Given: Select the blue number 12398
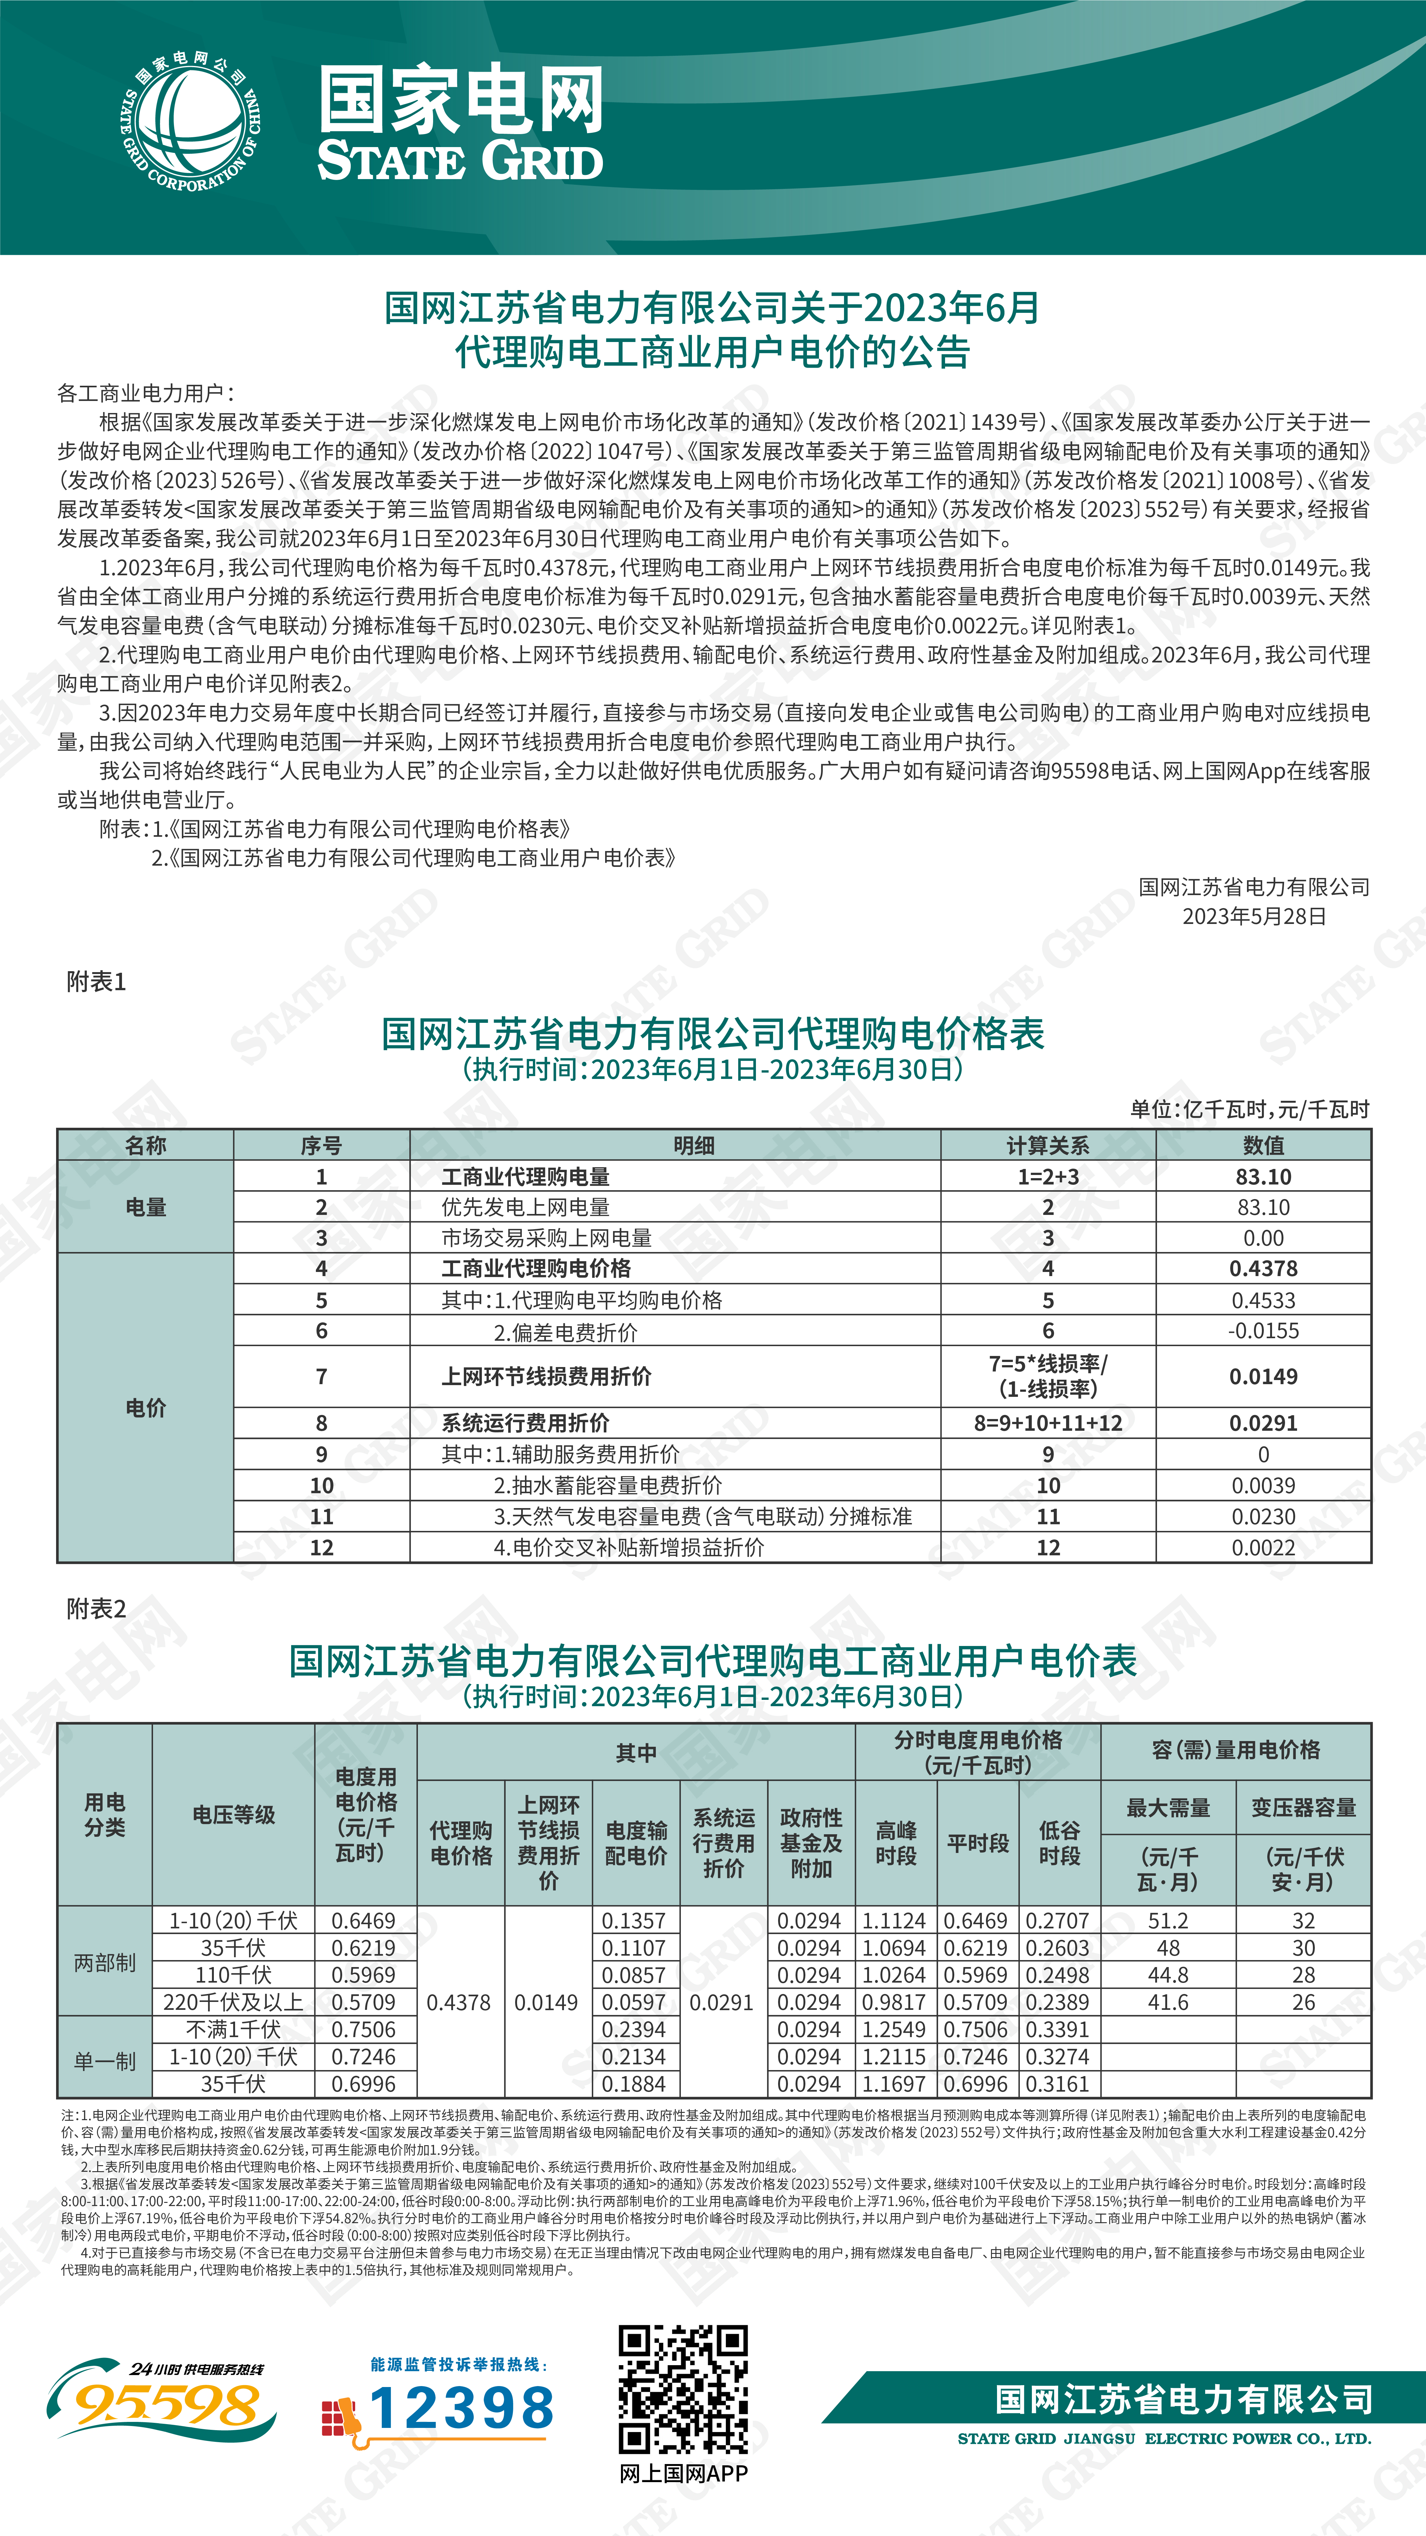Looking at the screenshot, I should coord(462,2409).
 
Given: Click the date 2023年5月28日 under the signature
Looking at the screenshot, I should coord(1254,917).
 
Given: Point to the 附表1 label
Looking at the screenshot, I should coord(96,982).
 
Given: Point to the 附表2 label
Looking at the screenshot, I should coord(96,1609).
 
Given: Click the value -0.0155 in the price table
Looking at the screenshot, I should coord(1263,1331).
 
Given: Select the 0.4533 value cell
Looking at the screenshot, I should coord(1263,1300).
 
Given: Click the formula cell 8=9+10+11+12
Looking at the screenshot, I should coord(1047,1423).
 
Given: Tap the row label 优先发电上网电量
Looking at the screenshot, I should coord(526,1207).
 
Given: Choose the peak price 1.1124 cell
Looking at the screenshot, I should coord(894,1921).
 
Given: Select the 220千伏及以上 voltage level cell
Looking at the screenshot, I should coord(233,2003).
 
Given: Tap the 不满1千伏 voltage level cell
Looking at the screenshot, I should coord(233,2030).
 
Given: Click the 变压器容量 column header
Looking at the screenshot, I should coord(1303,1808).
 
